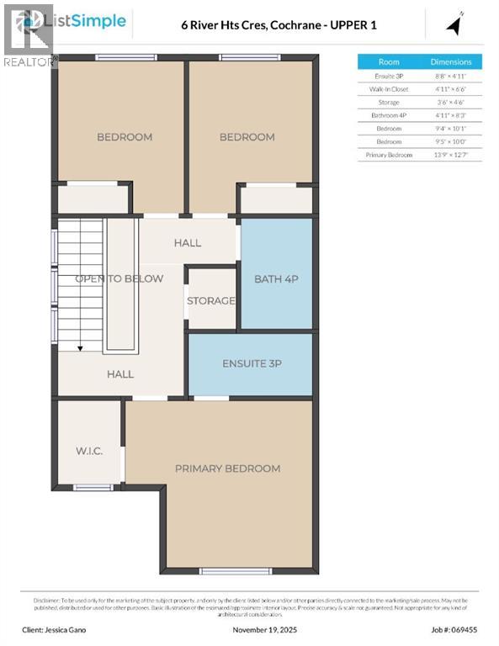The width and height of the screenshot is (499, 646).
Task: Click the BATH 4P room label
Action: pos(277,278)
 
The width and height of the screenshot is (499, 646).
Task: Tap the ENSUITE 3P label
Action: pos(249,363)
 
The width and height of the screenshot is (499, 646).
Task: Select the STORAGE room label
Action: pos(211,300)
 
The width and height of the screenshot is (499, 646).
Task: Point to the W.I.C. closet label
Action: pos(88,452)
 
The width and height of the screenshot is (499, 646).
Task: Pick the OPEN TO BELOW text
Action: pos(119,278)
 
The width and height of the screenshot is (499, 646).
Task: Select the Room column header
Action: pos(389,61)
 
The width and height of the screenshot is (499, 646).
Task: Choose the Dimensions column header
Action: pos(451,61)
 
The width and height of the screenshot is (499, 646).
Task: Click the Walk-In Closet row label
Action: pos(389,88)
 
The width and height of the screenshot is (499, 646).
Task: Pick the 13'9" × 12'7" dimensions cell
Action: pos(451,156)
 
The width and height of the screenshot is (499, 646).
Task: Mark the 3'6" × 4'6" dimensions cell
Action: pos(451,102)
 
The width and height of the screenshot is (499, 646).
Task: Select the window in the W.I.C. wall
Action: pos(93,487)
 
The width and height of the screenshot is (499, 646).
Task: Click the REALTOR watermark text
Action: pos(29,61)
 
